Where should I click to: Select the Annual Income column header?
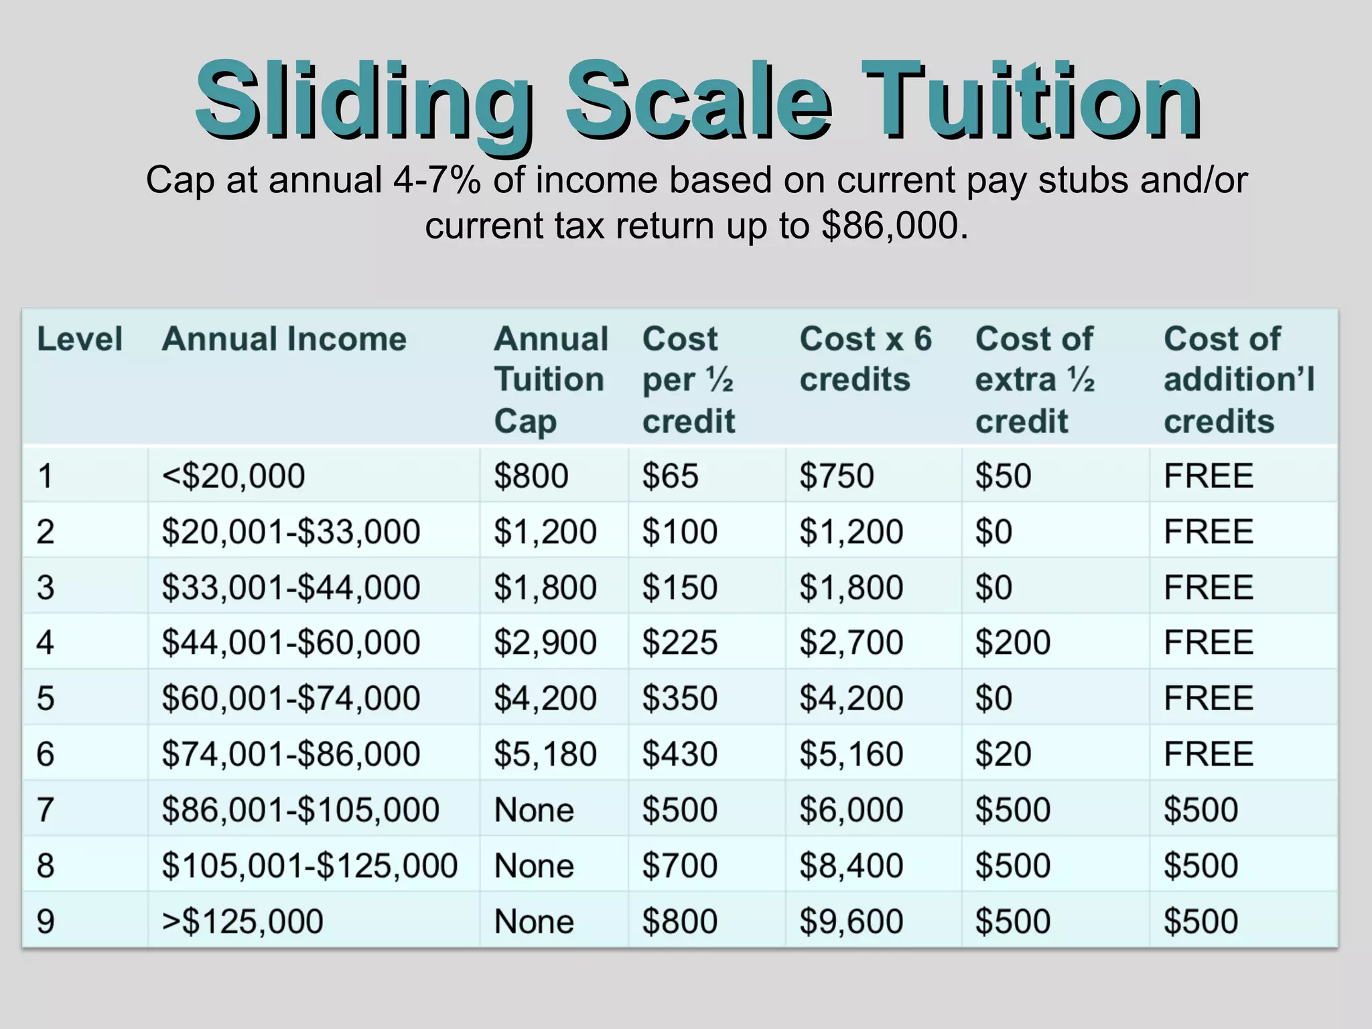(x=284, y=339)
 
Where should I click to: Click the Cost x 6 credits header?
(x=865, y=359)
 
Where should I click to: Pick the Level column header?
(x=80, y=339)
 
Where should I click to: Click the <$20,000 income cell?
(x=233, y=476)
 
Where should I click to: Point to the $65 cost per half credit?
(x=670, y=476)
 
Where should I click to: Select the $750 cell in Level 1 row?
(x=837, y=476)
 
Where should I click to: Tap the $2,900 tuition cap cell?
(x=545, y=642)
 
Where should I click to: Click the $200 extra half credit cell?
(x=1012, y=642)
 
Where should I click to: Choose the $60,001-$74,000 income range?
(x=291, y=698)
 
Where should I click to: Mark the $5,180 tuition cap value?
(x=545, y=754)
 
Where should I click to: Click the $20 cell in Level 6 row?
(x=1003, y=754)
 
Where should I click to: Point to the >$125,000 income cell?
(x=243, y=921)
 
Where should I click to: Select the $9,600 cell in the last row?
(x=851, y=921)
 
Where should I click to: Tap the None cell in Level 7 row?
(x=534, y=810)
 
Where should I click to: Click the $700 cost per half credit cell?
(x=679, y=866)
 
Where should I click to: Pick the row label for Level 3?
(x=46, y=588)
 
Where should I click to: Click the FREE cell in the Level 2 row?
(x=1209, y=532)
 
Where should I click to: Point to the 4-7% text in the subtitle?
(x=437, y=180)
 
